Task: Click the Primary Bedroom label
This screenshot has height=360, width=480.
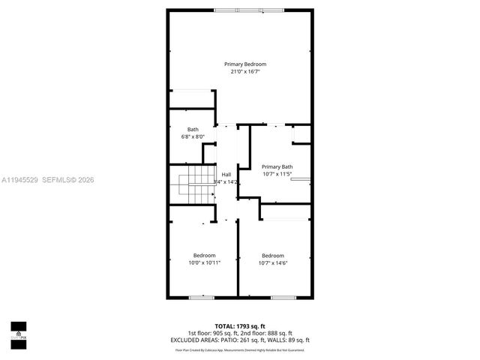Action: coord(245,64)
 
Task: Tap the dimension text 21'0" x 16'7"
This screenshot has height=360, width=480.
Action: coord(245,72)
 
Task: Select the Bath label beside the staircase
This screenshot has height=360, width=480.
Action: coord(193,130)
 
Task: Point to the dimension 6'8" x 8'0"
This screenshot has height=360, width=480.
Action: coord(193,137)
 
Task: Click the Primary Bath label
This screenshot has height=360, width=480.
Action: coord(277,166)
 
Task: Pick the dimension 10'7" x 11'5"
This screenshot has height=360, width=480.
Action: coord(277,174)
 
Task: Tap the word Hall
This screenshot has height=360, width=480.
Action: coord(226,174)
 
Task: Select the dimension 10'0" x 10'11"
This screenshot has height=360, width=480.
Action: coord(204,263)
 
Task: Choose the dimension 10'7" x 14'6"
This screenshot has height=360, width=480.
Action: coord(273,263)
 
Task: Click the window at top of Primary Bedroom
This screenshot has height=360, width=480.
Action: coord(238,9)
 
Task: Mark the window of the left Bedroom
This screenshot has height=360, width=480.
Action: coord(200,298)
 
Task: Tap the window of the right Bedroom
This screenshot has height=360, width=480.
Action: coord(281,298)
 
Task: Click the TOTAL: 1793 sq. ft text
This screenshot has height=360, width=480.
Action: coord(241,325)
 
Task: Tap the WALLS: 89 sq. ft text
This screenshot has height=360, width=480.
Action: coord(290,340)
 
